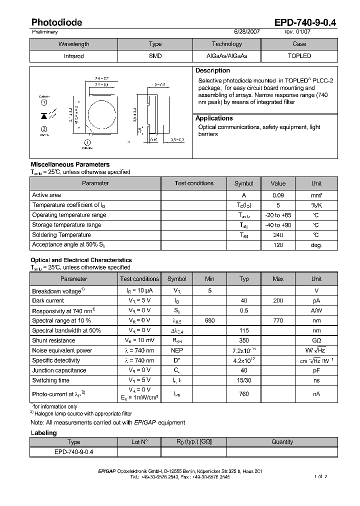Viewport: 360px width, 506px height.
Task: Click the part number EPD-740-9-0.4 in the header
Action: click(x=305, y=22)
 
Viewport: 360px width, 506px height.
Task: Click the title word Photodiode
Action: click(x=56, y=22)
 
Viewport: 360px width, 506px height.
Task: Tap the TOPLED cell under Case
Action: click(x=299, y=56)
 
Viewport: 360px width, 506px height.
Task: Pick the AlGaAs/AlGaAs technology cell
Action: click(x=226, y=56)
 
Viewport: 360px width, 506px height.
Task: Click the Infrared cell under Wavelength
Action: click(x=73, y=56)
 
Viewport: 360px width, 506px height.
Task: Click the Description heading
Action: click(x=212, y=71)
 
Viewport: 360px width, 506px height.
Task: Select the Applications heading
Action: click(x=214, y=118)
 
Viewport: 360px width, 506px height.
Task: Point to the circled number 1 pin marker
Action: click(x=43, y=103)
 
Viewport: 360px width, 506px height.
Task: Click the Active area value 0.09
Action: click(x=278, y=195)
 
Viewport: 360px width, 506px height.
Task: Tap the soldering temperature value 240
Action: click(x=278, y=234)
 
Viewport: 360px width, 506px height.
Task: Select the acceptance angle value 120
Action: click(x=278, y=244)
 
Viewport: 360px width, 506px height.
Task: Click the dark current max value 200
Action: click(x=278, y=300)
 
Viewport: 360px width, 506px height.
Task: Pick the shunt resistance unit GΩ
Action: click(x=316, y=340)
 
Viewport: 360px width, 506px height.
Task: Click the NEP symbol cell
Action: click(x=176, y=350)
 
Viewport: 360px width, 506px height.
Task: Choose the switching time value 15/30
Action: click(x=243, y=380)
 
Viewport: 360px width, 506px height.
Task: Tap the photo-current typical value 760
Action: click(x=243, y=393)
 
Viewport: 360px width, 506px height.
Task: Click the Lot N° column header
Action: click(x=139, y=442)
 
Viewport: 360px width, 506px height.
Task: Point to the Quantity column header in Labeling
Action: click(x=282, y=442)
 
